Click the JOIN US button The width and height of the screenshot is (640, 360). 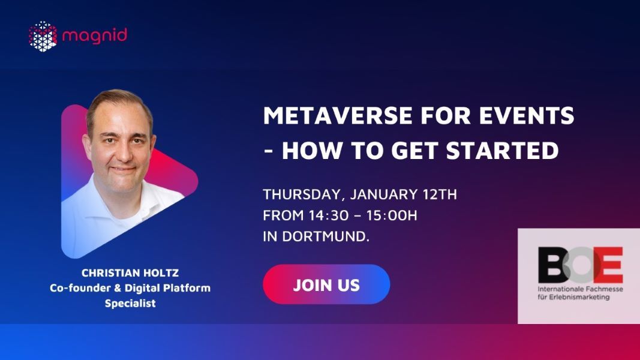(326, 284)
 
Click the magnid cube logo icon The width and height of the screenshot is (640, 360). (43, 35)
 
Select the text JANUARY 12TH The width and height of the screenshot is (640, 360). (404, 195)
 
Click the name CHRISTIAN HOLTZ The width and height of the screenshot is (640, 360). (130, 273)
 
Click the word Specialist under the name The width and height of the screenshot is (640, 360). (130, 303)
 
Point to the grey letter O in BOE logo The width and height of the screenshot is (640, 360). (578, 265)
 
